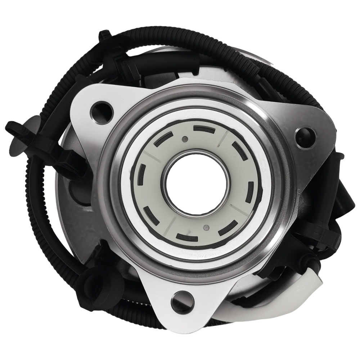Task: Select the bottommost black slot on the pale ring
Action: click(x=187, y=237)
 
